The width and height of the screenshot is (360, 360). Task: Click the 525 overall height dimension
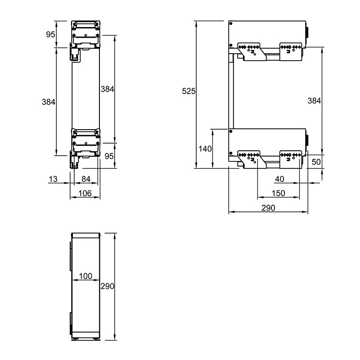tap(189, 91)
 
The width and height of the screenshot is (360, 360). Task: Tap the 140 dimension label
tap(205, 149)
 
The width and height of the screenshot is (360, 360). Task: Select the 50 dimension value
tap(316, 162)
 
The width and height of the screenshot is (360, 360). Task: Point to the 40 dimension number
tap(279, 179)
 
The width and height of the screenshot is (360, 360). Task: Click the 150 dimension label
tap(278, 193)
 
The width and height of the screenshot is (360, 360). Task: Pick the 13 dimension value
tap(53, 179)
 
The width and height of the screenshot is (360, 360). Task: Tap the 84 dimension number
tap(86, 179)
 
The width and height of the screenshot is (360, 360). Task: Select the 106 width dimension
tap(85, 193)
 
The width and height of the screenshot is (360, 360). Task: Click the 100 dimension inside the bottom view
tap(85, 276)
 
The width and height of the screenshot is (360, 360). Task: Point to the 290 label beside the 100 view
tap(107, 286)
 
